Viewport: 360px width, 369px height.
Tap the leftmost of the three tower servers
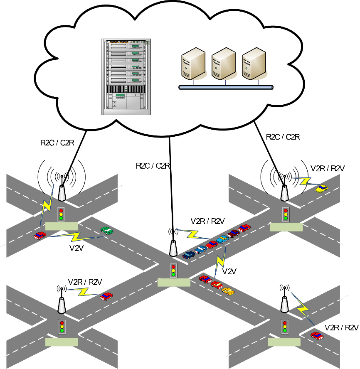tap(192, 64)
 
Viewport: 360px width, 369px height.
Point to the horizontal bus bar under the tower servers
tap(226, 87)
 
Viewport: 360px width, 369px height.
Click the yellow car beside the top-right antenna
tap(322, 188)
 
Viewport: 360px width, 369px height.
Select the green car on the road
tap(107, 230)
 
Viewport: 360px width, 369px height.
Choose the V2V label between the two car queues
tap(229, 272)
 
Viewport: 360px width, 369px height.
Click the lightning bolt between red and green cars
tap(75, 237)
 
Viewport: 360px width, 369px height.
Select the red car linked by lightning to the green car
tap(39, 236)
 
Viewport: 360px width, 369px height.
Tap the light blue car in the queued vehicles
tap(222, 239)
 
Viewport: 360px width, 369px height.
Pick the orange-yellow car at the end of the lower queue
tap(228, 291)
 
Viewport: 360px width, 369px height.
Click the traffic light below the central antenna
tap(174, 271)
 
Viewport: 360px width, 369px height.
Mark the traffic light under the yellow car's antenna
tap(286, 214)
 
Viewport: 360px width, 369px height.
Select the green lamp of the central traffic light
tap(174, 275)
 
